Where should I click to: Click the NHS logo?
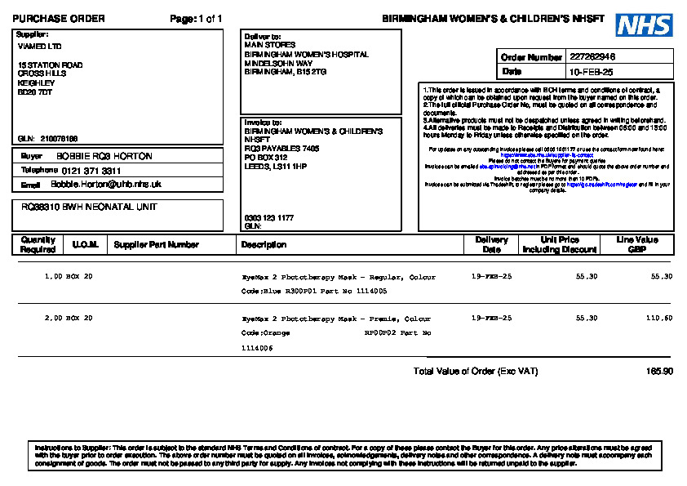point(644,25)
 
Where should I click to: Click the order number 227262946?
point(592,57)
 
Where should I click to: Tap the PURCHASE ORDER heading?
point(59,19)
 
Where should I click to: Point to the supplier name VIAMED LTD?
point(39,47)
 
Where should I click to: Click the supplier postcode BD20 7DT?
point(35,92)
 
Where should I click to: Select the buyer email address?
point(106,185)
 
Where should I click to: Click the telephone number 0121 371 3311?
point(91,171)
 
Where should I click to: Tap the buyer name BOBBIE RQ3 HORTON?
point(104,155)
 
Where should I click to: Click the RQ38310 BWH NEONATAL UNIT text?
point(89,207)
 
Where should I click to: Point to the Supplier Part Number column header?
point(156,244)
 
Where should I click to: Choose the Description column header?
point(264,244)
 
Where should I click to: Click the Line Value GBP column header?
point(636,244)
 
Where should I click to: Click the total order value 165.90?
point(659,372)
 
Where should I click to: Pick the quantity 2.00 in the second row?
point(53,318)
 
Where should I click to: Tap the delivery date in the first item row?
point(492,277)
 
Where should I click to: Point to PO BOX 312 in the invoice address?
point(266,158)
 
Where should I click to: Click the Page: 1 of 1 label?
point(196,19)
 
